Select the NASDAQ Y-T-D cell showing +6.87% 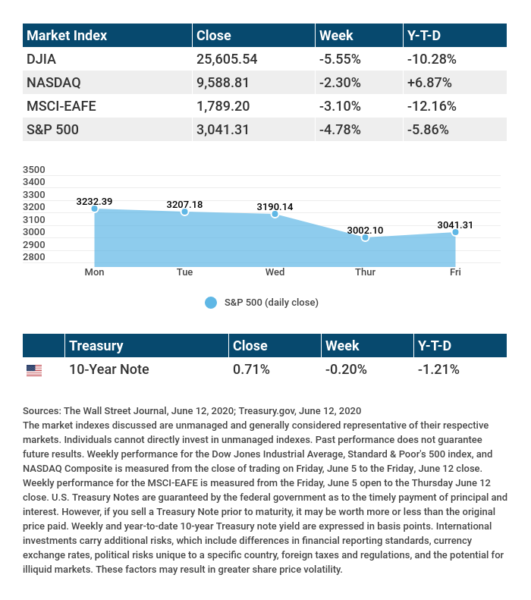point(430,82)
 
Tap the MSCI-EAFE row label point(61,105)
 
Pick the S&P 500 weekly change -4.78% point(342,129)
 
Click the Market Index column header point(67,36)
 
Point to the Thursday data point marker point(365,237)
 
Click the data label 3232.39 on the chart point(94,201)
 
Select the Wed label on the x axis point(275,272)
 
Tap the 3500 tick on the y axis point(35,169)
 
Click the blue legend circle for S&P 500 point(211,303)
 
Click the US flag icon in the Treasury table point(34,370)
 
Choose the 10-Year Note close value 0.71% point(250,369)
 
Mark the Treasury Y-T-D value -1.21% point(438,369)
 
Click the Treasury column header point(96,346)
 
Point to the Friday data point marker point(455,232)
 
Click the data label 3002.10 point(365,230)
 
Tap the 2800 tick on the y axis point(35,256)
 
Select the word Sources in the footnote point(42,410)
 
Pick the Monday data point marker point(94,209)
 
